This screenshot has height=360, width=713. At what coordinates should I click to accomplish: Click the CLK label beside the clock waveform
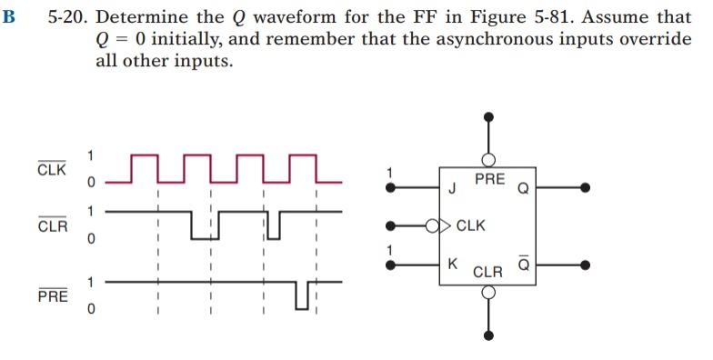coord(51,170)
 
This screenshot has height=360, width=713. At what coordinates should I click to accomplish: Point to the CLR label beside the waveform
coord(51,225)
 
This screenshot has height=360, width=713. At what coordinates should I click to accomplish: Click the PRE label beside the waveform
coord(51,296)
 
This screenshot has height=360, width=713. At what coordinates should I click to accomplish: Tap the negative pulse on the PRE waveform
coord(302,295)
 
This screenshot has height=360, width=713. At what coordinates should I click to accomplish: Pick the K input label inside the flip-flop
coord(453,265)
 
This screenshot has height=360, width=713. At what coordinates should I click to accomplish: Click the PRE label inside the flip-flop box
coord(489,179)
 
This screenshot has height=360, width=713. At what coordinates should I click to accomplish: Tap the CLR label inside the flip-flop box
coord(488,271)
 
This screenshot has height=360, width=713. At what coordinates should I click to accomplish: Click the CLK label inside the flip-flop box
coord(471,224)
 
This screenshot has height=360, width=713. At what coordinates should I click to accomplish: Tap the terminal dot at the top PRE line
coord(488,116)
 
